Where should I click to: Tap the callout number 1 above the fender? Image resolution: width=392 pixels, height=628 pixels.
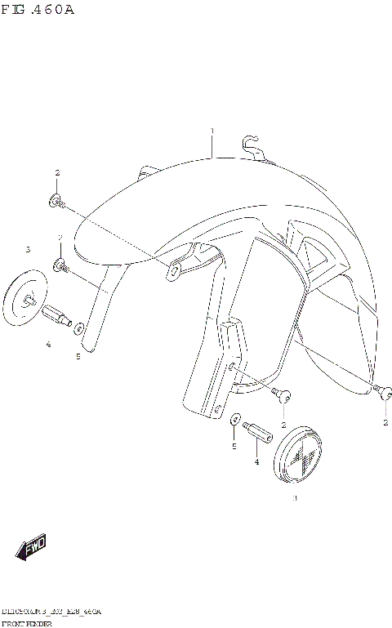[x=212, y=131]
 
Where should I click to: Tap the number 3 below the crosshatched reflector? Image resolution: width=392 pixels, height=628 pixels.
[x=295, y=498]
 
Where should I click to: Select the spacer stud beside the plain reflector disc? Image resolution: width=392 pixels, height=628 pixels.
[x=59, y=314]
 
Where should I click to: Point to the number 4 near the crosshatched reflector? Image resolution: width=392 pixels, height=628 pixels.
[x=256, y=462]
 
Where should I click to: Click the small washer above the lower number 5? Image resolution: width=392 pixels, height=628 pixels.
[x=235, y=420]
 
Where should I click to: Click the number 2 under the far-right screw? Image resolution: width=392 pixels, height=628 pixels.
[x=385, y=422]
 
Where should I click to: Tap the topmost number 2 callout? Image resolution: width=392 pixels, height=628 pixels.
[x=57, y=173]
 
